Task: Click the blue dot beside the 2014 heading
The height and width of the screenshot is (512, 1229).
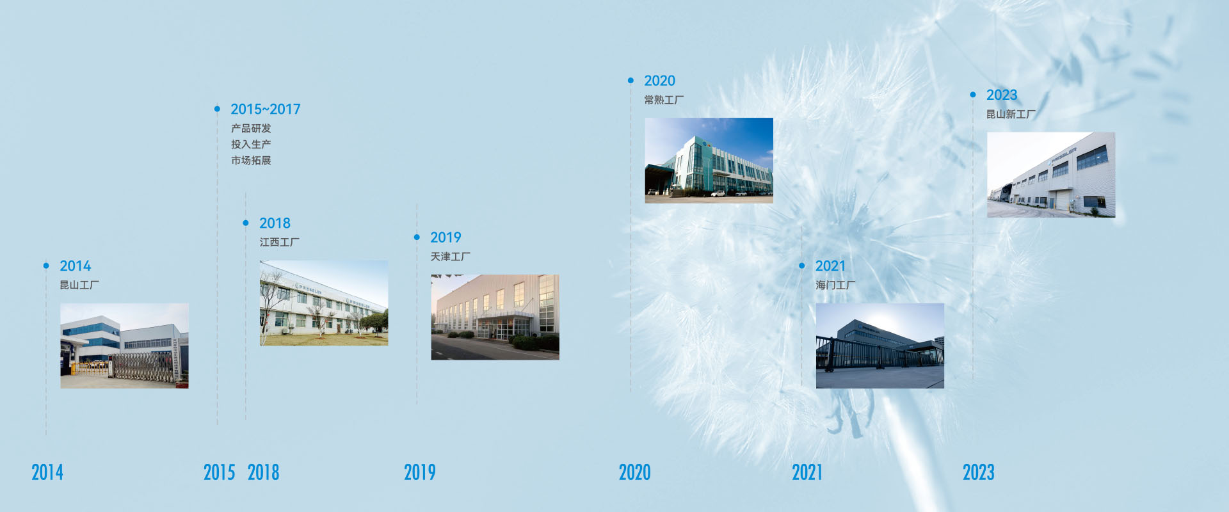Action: (x=46, y=266)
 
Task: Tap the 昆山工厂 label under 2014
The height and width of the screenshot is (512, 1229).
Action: (x=79, y=285)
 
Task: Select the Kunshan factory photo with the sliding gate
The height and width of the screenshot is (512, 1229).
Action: (x=124, y=346)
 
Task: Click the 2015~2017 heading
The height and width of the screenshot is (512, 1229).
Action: (x=266, y=109)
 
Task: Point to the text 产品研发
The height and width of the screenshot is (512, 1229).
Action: (x=251, y=129)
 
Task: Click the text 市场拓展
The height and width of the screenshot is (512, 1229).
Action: (x=251, y=161)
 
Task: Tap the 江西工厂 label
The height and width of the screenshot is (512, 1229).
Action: (x=279, y=242)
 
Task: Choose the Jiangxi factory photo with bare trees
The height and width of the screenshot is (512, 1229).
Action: (x=324, y=303)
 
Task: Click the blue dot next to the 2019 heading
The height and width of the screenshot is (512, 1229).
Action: (x=417, y=237)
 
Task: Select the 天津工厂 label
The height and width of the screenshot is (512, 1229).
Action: (x=450, y=257)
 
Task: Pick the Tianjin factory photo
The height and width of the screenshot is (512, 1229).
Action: (x=495, y=317)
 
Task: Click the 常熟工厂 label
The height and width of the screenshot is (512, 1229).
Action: (x=664, y=100)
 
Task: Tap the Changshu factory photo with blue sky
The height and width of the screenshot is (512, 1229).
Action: (x=709, y=161)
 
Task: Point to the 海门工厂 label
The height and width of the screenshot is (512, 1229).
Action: (x=835, y=285)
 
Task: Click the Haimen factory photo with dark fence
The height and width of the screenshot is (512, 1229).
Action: (x=880, y=346)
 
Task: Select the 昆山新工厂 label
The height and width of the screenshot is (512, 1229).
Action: (x=1011, y=114)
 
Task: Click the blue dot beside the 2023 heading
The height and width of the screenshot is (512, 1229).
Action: (x=973, y=95)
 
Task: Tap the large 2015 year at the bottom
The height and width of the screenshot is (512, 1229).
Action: (x=220, y=472)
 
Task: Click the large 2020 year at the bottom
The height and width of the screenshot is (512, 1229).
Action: (x=634, y=472)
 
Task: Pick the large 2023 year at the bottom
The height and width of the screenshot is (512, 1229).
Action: (x=979, y=472)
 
